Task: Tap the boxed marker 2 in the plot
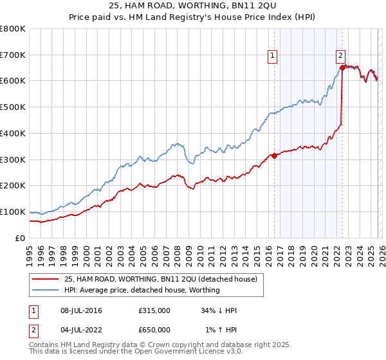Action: click(340, 55)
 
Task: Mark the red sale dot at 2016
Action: click(274, 155)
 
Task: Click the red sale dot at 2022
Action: click(342, 67)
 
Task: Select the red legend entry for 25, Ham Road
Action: click(161, 279)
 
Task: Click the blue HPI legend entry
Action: click(142, 290)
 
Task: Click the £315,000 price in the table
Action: click(154, 311)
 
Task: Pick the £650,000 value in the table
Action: click(154, 330)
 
